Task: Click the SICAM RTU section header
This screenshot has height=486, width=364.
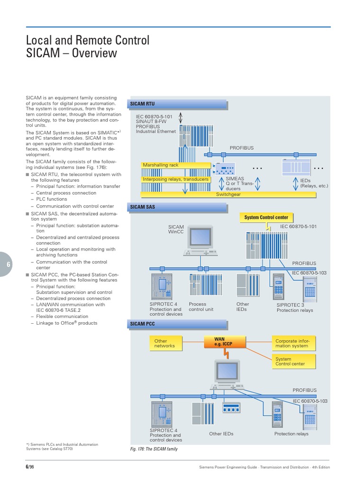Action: tap(142, 103)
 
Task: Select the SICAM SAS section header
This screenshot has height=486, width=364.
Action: tap(142, 207)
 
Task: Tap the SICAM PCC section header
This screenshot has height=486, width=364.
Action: tap(142, 324)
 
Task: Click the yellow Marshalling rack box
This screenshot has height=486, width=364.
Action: tap(176, 165)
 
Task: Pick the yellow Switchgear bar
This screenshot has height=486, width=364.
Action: tap(228, 195)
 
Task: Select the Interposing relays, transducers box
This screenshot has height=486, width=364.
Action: tap(176, 179)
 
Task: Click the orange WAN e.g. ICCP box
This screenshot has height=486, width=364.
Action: tap(219, 342)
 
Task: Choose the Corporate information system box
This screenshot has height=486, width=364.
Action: tap(294, 343)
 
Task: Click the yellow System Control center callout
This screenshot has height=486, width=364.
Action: tap(266, 217)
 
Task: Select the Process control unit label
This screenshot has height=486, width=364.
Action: tap(201, 307)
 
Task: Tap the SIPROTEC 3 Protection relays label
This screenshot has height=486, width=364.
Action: tap(294, 308)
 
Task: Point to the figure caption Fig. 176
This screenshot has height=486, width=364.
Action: tap(154, 449)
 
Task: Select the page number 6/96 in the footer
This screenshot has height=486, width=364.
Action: tap(29, 467)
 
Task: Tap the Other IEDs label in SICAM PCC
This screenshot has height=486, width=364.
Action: tap(221, 434)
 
